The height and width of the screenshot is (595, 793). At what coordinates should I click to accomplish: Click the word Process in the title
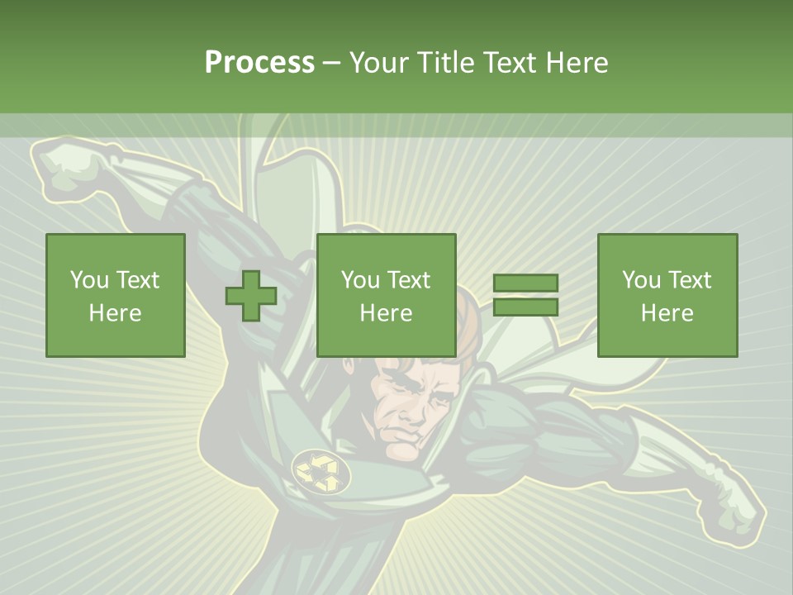coord(259,63)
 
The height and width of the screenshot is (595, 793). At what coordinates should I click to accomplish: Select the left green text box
coord(116,296)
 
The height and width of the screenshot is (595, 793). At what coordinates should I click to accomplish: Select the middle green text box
coord(387,296)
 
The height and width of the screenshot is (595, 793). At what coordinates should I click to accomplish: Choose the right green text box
coord(667,296)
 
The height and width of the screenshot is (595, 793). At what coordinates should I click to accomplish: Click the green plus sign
coord(251,296)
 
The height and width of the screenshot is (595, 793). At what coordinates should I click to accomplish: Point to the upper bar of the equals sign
coord(525,283)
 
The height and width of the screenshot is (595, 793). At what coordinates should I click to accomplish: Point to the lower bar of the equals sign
coord(525,307)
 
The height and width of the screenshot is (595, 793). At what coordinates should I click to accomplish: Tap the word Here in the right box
coord(667,313)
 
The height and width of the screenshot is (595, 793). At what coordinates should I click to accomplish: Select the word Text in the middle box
coord(410,280)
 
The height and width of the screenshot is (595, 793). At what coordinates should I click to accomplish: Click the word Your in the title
coord(377,63)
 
